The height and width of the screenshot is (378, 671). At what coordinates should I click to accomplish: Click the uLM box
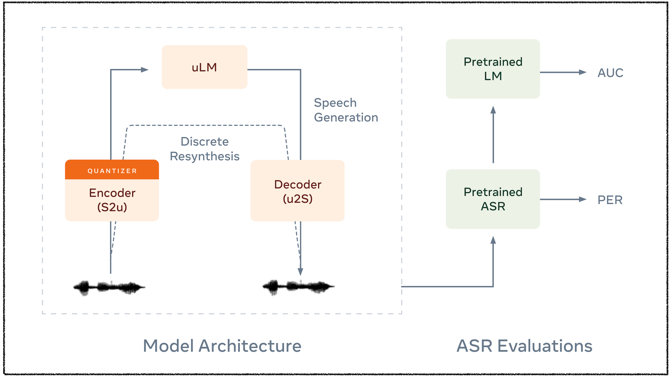coord(205,67)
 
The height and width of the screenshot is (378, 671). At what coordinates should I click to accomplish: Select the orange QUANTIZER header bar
coord(112,170)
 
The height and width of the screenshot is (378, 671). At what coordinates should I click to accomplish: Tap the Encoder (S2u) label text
coord(112,200)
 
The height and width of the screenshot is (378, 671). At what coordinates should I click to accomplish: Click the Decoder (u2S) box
coord(298,191)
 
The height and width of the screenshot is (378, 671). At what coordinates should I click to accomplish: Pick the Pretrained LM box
coord(493,69)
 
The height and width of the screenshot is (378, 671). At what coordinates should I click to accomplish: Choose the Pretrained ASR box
coord(493,199)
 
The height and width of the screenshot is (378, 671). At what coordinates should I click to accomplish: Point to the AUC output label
coord(610,73)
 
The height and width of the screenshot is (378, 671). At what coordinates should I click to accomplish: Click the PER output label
coord(610,200)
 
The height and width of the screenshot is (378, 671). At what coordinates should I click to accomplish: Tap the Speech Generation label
coord(346,110)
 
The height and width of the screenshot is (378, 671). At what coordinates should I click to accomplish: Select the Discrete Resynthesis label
coord(205,149)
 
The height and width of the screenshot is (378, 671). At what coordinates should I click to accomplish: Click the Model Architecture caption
coord(222,346)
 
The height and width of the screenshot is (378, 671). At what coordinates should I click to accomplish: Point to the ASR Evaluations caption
coord(524,346)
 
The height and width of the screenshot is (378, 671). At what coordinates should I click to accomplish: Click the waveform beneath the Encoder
coord(109,287)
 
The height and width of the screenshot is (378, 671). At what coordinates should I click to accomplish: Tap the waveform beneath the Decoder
coord(298,287)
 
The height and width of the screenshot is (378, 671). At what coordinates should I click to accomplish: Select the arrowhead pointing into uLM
coord(145,70)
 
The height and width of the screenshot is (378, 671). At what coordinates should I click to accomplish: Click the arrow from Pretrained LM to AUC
coord(563,72)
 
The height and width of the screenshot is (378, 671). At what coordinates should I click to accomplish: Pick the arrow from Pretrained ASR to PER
coord(563,199)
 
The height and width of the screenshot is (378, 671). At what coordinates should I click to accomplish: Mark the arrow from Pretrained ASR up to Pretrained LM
coord(493,134)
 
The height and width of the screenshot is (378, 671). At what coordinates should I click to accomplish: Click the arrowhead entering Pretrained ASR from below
coord(493,240)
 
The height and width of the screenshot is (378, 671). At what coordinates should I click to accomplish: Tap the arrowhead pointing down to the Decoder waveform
coord(301,272)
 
